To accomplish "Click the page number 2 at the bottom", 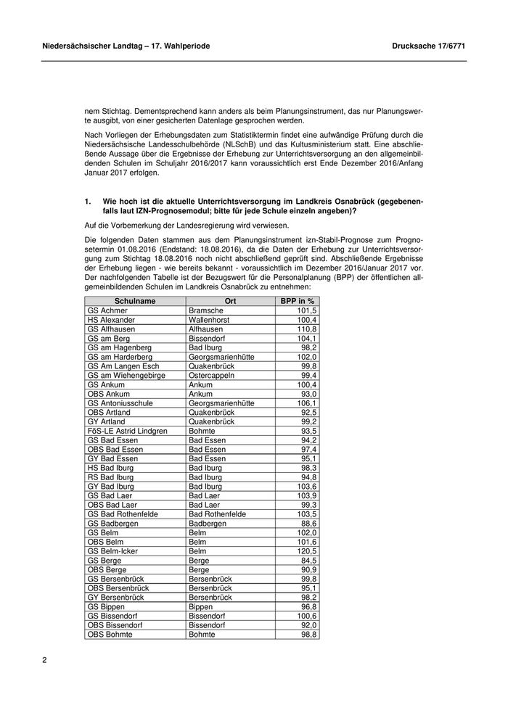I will pos(44,660).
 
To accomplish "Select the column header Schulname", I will pos(135,301).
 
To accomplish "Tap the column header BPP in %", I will pos(297,301).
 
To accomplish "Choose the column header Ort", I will pos(230,301).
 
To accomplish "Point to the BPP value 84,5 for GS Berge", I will pos(308,561).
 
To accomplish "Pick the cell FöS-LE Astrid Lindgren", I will pos(127,431).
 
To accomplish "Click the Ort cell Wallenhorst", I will pos(210,319).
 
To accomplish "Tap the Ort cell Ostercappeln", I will pos(213,375).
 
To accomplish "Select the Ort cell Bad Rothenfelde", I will pos(217,514).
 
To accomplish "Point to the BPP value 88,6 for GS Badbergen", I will pos(308,524).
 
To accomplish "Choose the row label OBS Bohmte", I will pos(110,635).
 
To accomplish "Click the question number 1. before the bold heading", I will pos(88,199).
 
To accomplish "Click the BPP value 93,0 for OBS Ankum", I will pos(308,394).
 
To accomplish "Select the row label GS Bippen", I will pos(106,607).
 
